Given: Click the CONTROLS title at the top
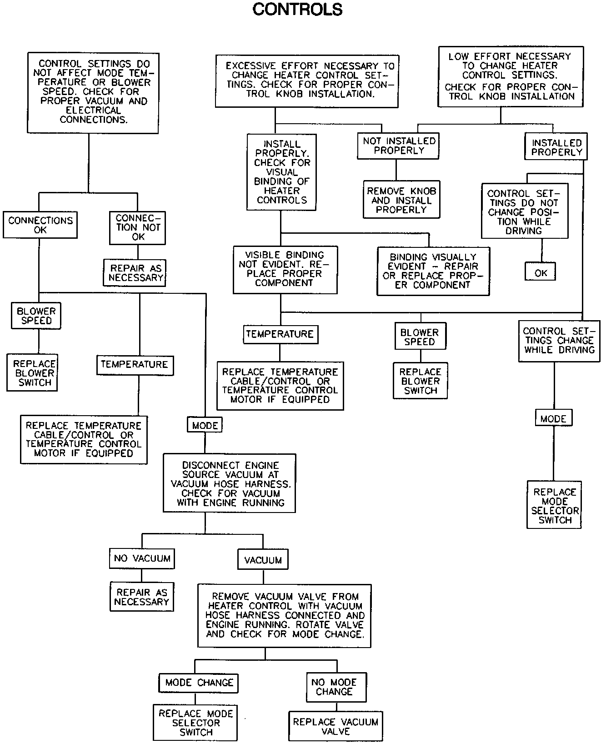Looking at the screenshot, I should pos(297,10).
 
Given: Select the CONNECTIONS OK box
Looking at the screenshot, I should pos(40,225).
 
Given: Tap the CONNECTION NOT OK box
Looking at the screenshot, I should pos(138,227).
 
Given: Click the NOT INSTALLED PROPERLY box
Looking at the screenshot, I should pos(398,146).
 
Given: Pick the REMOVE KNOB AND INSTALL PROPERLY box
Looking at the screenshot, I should pos(401,200).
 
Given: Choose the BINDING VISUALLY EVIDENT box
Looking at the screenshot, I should pos(433,271).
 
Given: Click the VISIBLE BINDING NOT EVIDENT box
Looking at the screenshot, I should pos(285,269).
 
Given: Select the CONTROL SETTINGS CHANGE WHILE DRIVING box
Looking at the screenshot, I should pos(559,341).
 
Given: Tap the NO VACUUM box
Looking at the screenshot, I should pos(142,558).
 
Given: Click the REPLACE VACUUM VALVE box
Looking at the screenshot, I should pos(336,726).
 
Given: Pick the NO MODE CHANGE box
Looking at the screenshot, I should pos(336,687).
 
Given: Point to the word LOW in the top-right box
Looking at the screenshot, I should pos(458,56).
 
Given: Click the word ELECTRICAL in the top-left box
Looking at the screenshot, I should pos(94,111).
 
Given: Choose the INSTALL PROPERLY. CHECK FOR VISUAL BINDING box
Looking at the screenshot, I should pos(281,172).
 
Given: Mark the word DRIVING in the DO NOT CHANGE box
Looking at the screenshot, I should pos(524,231).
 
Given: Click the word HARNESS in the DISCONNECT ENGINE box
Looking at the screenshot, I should pos(269,484).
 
